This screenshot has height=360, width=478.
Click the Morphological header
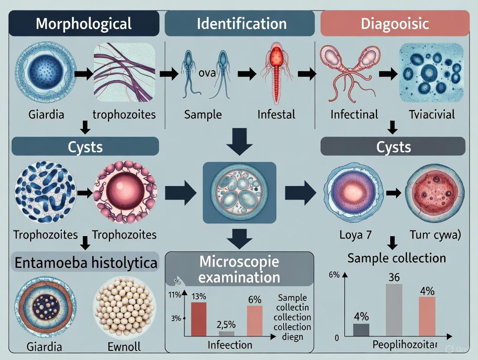coord(84,23)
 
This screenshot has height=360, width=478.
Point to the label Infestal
coord(276,115)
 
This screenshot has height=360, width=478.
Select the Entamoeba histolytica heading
coord(85,262)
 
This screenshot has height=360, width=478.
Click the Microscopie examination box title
coord(239,269)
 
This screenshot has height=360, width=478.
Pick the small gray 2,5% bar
coord(226,334)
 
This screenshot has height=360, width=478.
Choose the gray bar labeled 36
coord(394,310)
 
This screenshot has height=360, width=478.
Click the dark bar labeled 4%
coord(362,330)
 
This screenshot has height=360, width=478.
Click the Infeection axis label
coord(229,345)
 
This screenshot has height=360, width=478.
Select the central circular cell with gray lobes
coord(239,193)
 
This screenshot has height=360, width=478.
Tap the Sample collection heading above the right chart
coord(397,258)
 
